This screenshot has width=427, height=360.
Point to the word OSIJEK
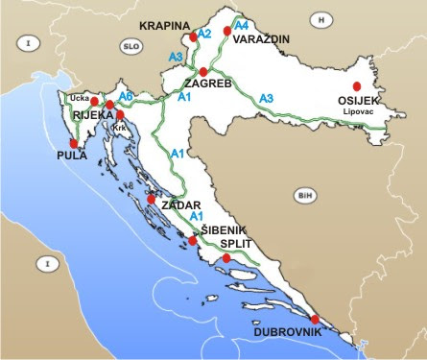click(359, 100)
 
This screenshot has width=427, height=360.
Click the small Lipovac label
click(360, 111)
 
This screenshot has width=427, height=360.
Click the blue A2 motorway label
click(202, 35)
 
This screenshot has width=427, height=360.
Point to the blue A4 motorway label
click(242, 25)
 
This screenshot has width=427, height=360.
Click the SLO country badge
click(131, 45)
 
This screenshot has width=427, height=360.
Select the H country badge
click(322, 18)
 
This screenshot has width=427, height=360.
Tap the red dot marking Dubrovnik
click(316, 320)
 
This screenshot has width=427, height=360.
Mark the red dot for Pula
click(73, 142)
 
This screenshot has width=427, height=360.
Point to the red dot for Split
click(225, 257)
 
